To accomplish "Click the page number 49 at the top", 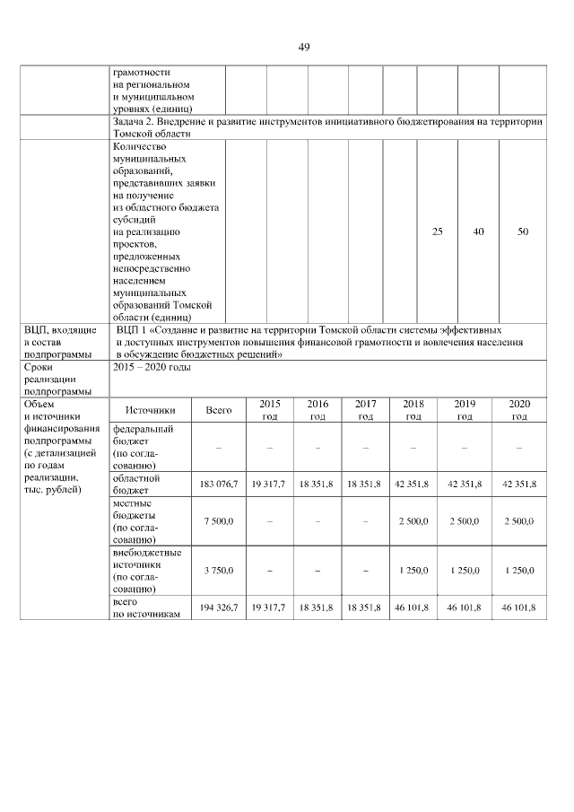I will pos(303,48).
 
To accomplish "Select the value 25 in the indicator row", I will pos(437,231).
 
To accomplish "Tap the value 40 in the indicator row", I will pos(479,231).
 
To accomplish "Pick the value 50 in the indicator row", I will pos(523,231).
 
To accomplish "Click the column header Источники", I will pos(150,410).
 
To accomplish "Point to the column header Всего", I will pos(219,410).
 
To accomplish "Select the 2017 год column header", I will pos(365,410).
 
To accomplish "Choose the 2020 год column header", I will pos(519,410).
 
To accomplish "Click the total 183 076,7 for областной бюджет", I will pos(219,484).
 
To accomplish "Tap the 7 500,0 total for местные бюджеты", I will pos(219,520).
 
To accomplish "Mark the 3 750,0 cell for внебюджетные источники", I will pos(219,570).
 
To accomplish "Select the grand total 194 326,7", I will pos(219,607).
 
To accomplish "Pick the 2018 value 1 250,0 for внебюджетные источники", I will pos(413,570).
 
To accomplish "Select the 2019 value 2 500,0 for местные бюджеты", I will pos(465,520).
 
